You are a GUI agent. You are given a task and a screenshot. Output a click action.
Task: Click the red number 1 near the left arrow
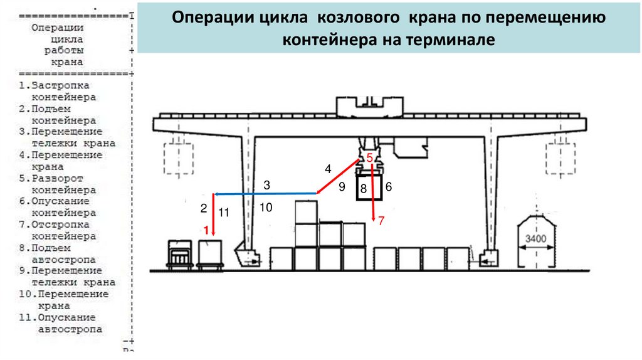point(204,230)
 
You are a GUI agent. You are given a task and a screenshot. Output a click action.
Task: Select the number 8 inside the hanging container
point(363,188)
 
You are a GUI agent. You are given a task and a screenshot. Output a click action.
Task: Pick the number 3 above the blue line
point(266,185)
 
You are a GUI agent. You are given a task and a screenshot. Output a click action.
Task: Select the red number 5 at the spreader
point(370,157)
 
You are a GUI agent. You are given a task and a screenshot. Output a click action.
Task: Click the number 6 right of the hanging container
point(389,186)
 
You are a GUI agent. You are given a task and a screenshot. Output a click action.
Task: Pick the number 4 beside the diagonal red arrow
point(327,168)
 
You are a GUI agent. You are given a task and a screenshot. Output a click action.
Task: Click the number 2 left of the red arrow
point(204,208)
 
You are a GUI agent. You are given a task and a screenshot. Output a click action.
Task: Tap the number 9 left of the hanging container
point(342,186)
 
